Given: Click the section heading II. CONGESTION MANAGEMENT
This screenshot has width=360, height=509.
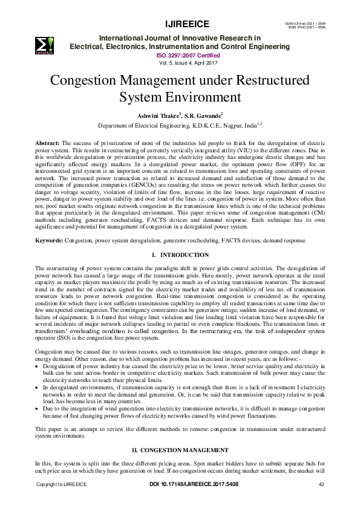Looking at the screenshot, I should click(x=180, y=450).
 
